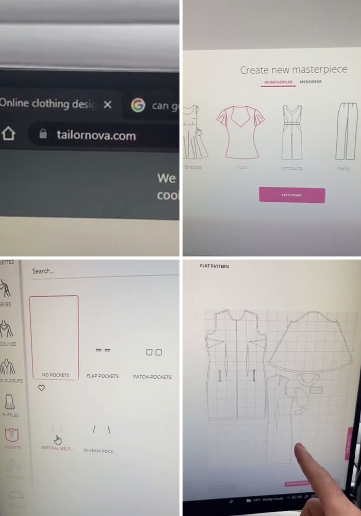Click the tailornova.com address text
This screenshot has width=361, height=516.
point(95,136)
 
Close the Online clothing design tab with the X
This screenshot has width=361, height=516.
point(107,104)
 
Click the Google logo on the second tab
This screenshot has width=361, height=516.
point(138,105)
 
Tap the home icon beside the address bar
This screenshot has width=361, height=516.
point(9,134)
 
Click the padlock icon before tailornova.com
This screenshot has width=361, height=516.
point(44,135)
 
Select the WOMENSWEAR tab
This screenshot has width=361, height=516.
point(278,82)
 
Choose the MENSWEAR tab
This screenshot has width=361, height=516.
point(310,82)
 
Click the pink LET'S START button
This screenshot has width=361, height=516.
point(292,195)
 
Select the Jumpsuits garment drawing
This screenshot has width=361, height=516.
point(292,133)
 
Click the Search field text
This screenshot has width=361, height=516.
point(43,271)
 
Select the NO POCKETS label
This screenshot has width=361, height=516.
point(55,375)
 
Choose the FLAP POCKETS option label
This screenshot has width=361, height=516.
point(102,376)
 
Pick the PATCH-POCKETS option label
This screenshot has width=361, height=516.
point(152,377)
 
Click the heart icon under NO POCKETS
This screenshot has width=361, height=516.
point(42,388)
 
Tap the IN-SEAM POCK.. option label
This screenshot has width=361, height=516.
point(100,450)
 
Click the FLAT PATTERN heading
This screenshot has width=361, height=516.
point(214,266)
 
